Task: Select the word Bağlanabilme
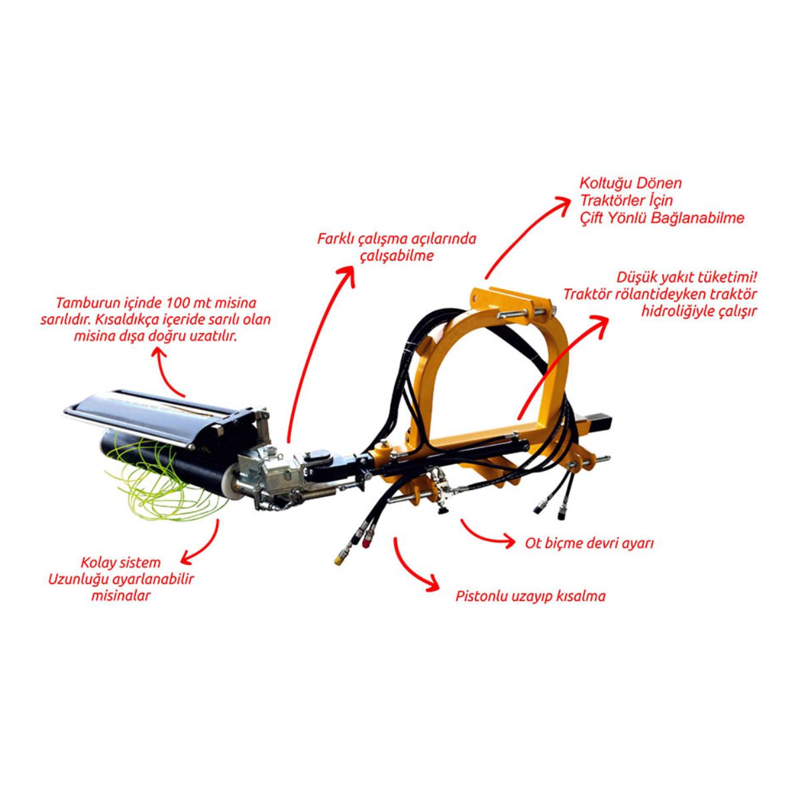coord(698,218)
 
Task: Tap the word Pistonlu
coord(479,596)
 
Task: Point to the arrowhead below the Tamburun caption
coord(159,341)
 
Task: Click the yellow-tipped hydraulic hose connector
coord(339,560)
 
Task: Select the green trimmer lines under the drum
coord(162,478)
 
